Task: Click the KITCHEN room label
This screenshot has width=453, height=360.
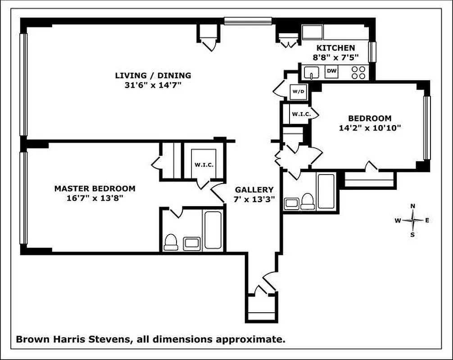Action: click(x=335, y=48)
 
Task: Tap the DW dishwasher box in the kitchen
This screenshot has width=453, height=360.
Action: click(x=331, y=71)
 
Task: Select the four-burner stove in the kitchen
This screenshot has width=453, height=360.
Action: click(x=358, y=72)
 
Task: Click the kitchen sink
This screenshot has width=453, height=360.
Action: click(x=311, y=72)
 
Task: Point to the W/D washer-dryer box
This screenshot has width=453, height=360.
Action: click(x=298, y=92)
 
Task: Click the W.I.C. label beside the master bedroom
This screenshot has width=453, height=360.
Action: click(x=204, y=164)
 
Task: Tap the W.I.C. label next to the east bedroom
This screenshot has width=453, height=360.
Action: click(x=301, y=114)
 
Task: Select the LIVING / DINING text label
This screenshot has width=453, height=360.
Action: click(x=153, y=76)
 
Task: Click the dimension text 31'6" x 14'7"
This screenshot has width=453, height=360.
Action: click(x=153, y=85)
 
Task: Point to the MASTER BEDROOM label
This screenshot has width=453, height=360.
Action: click(x=95, y=189)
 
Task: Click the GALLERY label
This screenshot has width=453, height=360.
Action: click(x=254, y=190)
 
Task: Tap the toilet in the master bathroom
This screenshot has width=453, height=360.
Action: click(x=171, y=242)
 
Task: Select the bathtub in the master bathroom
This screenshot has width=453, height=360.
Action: click(x=212, y=230)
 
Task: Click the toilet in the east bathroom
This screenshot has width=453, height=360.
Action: click(x=308, y=201)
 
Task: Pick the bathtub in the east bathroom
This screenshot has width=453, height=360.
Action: click(x=326, y=191)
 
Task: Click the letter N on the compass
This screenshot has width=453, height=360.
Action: click(x=412, y=206)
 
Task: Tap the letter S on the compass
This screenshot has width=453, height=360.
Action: click(x=412, y=234)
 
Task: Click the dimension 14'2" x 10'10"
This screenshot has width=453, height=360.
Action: click(x=370, y=128)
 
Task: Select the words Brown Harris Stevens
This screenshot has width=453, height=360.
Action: click(x=72, y=339)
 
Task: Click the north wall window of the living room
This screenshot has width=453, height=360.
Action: click(x=248, y=20)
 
